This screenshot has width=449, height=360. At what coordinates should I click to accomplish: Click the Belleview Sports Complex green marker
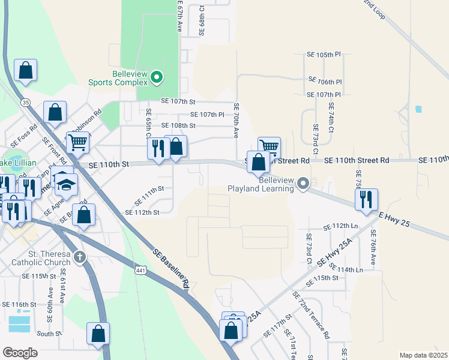click(x=157, y=77)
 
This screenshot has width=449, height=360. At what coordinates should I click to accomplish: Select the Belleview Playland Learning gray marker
click(x=304, y=183)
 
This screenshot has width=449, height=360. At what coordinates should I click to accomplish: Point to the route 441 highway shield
click(x=140, y=272)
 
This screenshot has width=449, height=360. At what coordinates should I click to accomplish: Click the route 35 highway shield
click(x=25, y=103)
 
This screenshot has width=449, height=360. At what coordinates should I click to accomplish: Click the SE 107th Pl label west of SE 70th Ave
click(x=207, y=114)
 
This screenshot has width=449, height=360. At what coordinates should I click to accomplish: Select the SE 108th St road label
click(x=178, y=125)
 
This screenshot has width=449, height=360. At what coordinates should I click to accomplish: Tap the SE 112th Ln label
click(x=340, y=226)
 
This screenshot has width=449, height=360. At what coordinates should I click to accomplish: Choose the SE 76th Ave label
click(x=373, y=248)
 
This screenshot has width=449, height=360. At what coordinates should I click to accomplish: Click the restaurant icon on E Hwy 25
click(x=366, y=199)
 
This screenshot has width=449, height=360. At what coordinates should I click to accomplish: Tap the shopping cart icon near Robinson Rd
click(x=77, y=143)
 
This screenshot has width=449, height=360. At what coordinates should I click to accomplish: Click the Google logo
click(x=20, y=353)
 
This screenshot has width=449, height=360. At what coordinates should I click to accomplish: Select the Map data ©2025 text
click(x=423, y=355)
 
